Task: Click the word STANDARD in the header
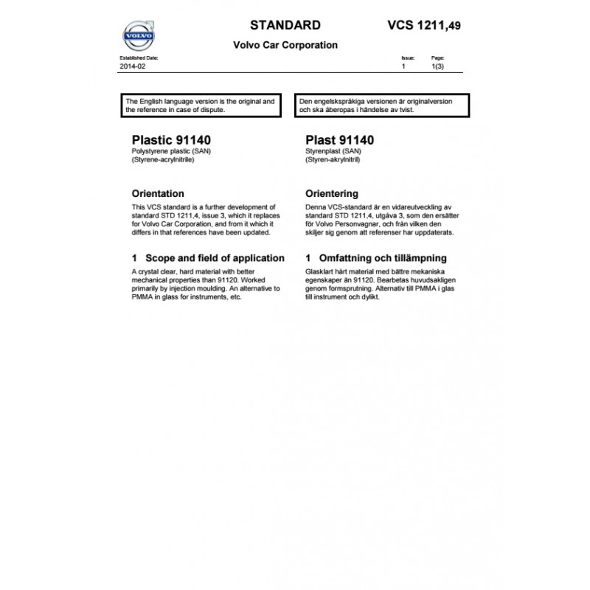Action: click(x=285, y=25)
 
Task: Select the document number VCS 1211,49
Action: click(x=424, y=26)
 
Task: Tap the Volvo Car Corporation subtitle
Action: click(x=285, y=45)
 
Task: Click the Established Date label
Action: click(x=139, y=57)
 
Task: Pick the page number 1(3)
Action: click(x=437, y=66)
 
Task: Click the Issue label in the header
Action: click(x=408, y=57)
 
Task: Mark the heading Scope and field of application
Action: click(x=207, y=258)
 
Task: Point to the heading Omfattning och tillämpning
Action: click(x=375, y=258)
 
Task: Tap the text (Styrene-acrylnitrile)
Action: click(x=162, y=159)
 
